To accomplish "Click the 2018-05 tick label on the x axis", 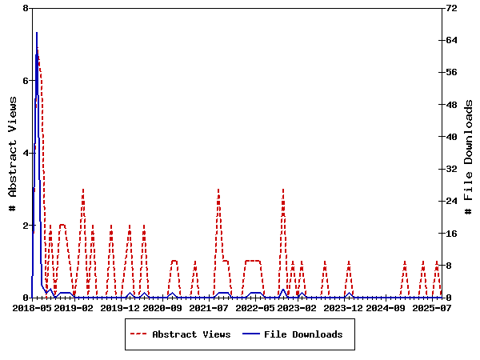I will coord(32,308).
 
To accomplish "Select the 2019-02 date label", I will coord(74,308).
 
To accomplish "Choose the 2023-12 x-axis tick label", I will coord(343,308).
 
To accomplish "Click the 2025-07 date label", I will coord(433,308).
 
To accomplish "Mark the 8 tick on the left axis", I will coord(26,8).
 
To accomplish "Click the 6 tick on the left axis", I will coord(26,81).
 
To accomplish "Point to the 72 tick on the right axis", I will coord(451,8).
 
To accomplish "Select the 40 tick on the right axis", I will coord(451,137).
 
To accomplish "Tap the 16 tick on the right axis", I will coord(451,234).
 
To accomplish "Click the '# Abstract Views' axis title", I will coord(12,153).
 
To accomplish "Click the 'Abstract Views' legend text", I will coord(191,334).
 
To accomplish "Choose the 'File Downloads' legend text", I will coord(303,334).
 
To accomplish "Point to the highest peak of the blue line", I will coord(36,33).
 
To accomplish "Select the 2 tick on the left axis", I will coord(26,226).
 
